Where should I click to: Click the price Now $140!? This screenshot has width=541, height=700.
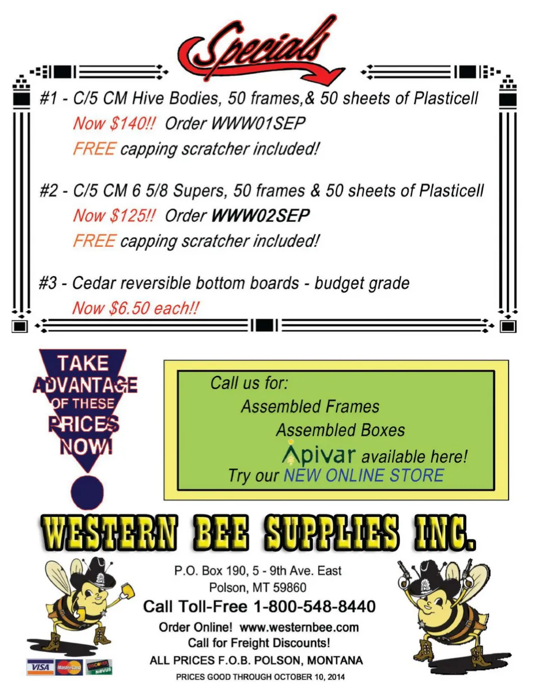click(114, 123)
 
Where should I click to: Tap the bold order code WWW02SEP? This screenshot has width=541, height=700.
click(260, 215)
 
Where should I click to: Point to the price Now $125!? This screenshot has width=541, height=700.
click(114, 215)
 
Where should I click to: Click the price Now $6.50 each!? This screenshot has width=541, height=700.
click(135, 308)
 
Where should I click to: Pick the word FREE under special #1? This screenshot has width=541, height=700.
click(94, 149)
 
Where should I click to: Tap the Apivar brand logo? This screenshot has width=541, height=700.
click(318, 454)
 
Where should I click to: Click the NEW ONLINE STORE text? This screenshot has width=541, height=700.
click(363, 475)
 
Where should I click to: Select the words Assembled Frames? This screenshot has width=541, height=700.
click(310, 406)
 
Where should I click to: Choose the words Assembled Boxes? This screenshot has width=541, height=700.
click(340, 430)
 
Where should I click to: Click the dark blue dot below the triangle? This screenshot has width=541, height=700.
click(88, 490)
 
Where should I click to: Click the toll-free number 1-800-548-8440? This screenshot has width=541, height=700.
click(314, 606)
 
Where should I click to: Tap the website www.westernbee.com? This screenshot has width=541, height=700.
click(299, 627)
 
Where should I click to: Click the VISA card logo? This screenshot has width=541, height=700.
click(40, 667)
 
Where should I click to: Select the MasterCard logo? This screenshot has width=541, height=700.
click(69, 667)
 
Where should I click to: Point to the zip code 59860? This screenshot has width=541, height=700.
click(290, 588)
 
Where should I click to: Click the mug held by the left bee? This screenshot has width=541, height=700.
click(128, 590)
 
